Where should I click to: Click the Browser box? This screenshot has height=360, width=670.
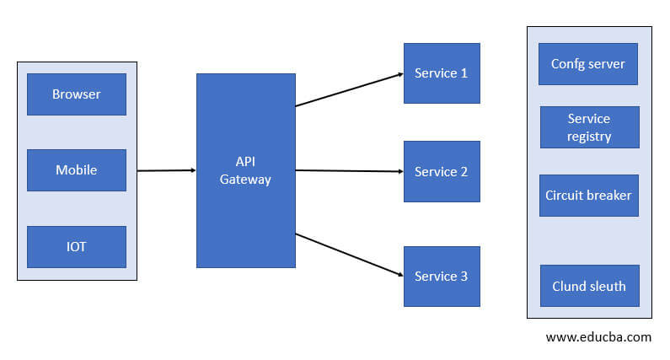pyautogui.click(x=77, y=94)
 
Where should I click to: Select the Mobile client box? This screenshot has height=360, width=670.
pyautogui.click(x=77, y=170)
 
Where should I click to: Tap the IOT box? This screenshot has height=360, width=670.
pyautogui.click(x=77, y=247)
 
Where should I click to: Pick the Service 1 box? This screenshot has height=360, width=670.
pyautogui.click(x=442, y=73)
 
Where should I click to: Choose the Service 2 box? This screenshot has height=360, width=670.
pyautogui.click(x=442, y=172)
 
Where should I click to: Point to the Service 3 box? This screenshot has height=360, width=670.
pyautogui.click(x=442, y=277)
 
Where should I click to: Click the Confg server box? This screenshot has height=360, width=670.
pyautogui.click(x=588, y=64)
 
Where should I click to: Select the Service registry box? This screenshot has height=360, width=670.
pyautogui.click(x=589, y=127)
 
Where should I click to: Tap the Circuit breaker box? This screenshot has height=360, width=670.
pyautogui.click(x=588, y=196)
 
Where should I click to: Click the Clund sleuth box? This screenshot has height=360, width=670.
pyautogui.click(x=589, y=286)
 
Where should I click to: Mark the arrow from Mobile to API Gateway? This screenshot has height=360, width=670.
pyautogui.click(x=166, y=170)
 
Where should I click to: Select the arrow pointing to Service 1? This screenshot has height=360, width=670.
pyautogui.click(x=349, y=89)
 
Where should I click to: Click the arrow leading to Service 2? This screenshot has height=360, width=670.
pyautogui.click(x=349, y=171)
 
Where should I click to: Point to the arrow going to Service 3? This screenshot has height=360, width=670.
pyautogui.click(x=349, y=255)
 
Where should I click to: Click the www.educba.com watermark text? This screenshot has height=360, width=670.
pyautogui.click(x=598, y=337)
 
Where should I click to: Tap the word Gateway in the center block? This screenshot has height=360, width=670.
pyautogui.click(x=246, y=180)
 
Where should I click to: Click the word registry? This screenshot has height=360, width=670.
pyautogui.click(x=589, y=136)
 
